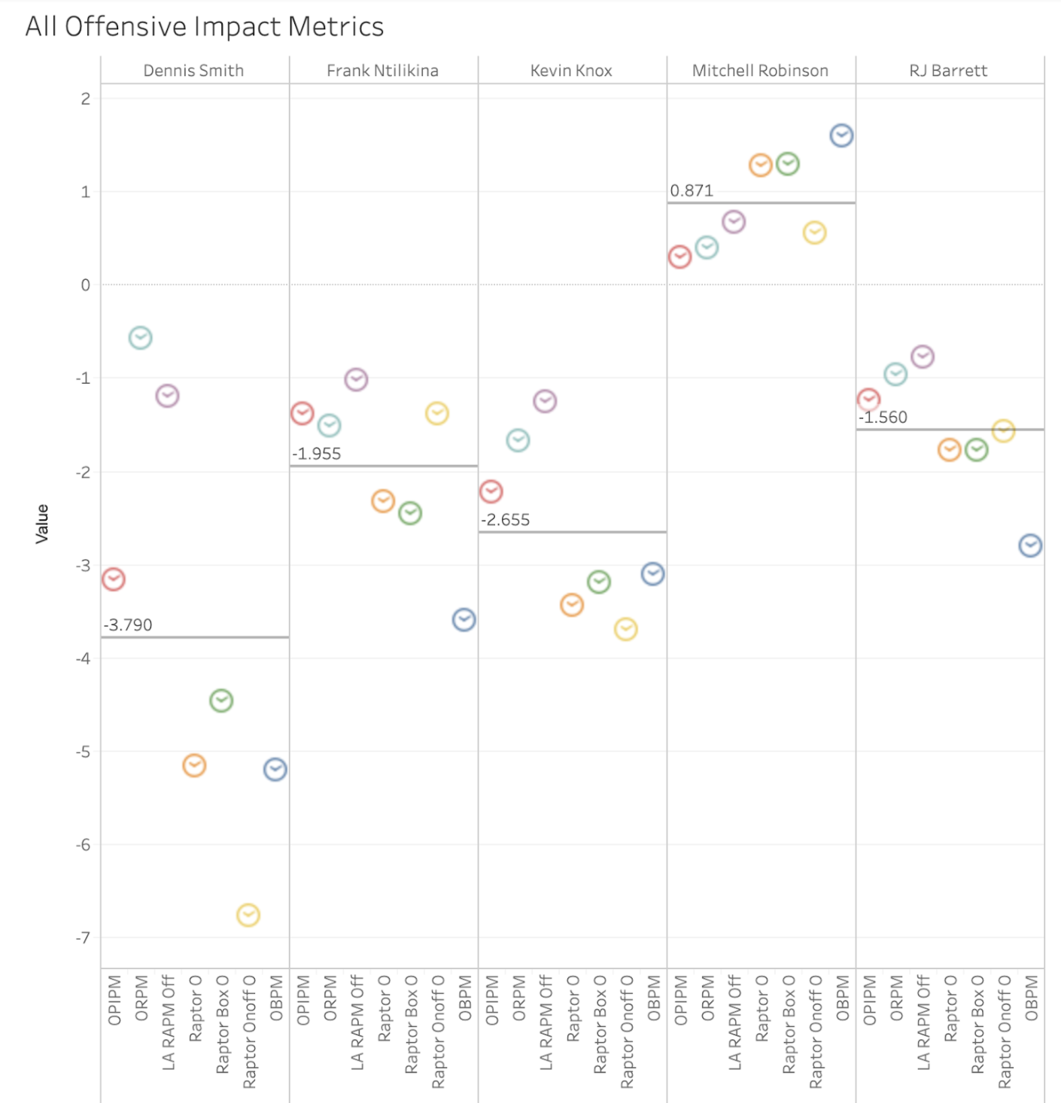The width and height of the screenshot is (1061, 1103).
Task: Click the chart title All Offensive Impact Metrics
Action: coord(205,27)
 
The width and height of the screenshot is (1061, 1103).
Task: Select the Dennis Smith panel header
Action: coord(193,71)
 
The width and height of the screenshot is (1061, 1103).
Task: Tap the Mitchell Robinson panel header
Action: coord(760,71)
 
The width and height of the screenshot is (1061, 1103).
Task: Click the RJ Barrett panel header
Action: coord(948,71)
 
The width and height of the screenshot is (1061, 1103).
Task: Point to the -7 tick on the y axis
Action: coord(83,937)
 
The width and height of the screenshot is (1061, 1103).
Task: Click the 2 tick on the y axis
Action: coord(86,99)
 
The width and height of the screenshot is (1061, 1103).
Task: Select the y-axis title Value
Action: coord(42,524)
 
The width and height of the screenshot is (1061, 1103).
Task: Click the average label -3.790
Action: coord(128,625)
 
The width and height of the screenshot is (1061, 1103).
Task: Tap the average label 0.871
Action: coord(692,191)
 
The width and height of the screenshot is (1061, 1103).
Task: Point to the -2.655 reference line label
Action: coord(506,520)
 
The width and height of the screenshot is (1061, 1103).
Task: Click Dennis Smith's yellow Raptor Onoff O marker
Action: coord(248,915)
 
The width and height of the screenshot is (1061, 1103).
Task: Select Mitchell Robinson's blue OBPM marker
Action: coord(841,135)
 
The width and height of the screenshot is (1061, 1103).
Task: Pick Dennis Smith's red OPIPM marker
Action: coord(114,579)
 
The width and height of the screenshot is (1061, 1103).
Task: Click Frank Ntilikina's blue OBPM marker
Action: coord(464,620)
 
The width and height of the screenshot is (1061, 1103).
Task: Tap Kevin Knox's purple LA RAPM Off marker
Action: coord(545,401)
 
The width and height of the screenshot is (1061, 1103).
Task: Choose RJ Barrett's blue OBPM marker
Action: coord(1030,545)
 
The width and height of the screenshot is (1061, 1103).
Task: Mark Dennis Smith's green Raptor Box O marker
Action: coord(221,700)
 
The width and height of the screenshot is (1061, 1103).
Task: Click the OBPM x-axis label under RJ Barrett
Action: coord(1031,998)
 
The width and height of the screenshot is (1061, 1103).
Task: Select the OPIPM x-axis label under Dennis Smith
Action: coord(114,1000)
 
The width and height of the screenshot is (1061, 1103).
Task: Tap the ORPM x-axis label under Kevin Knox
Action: coord(518,998)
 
